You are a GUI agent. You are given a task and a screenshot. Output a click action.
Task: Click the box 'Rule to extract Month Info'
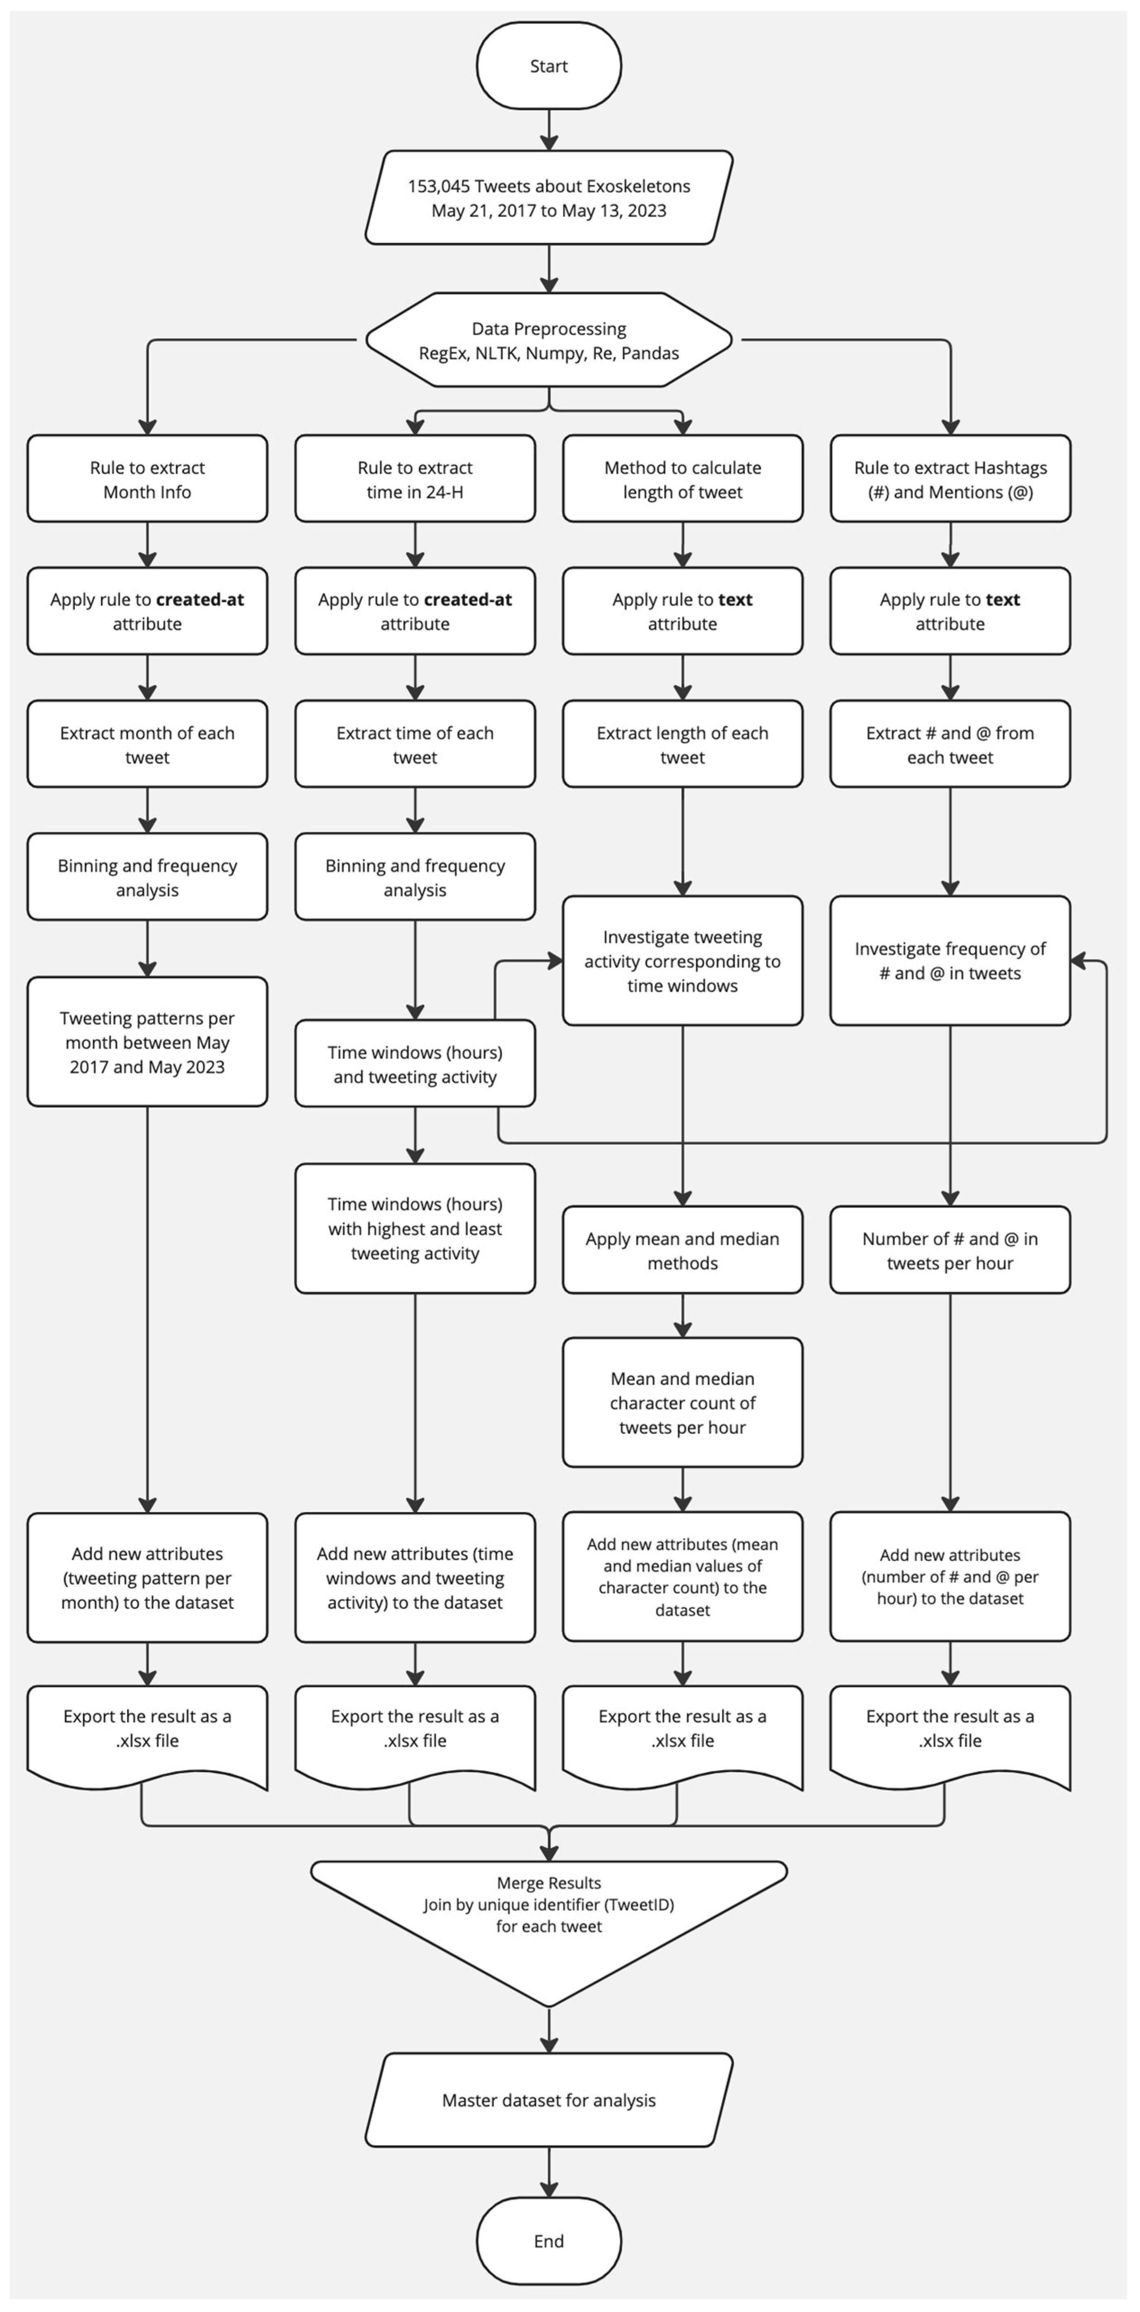(x=147, y=479)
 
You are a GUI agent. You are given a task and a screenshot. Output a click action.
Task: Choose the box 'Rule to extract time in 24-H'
(x=415, y=479)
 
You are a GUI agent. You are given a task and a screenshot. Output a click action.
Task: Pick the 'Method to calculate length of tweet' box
(x=682, y=479)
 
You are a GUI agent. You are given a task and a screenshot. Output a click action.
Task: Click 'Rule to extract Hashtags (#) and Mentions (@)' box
(x=950, y=479)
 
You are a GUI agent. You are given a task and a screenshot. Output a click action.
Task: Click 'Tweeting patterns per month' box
(x=147, y=1042)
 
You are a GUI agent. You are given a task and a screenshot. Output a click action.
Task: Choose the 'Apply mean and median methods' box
(x=682, y=1250)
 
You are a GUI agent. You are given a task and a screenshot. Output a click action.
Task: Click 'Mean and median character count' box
(x=682, y=1403)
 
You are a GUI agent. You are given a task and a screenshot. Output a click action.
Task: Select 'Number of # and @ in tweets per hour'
(x=950, y=1250)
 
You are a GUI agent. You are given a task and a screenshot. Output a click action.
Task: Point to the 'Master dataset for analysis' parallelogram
(x=548, y=2100)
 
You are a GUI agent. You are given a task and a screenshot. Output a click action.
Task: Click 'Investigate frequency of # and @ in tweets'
(x=950, y=960)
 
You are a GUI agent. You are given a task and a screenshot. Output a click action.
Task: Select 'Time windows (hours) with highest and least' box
(x=415, y=1229)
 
